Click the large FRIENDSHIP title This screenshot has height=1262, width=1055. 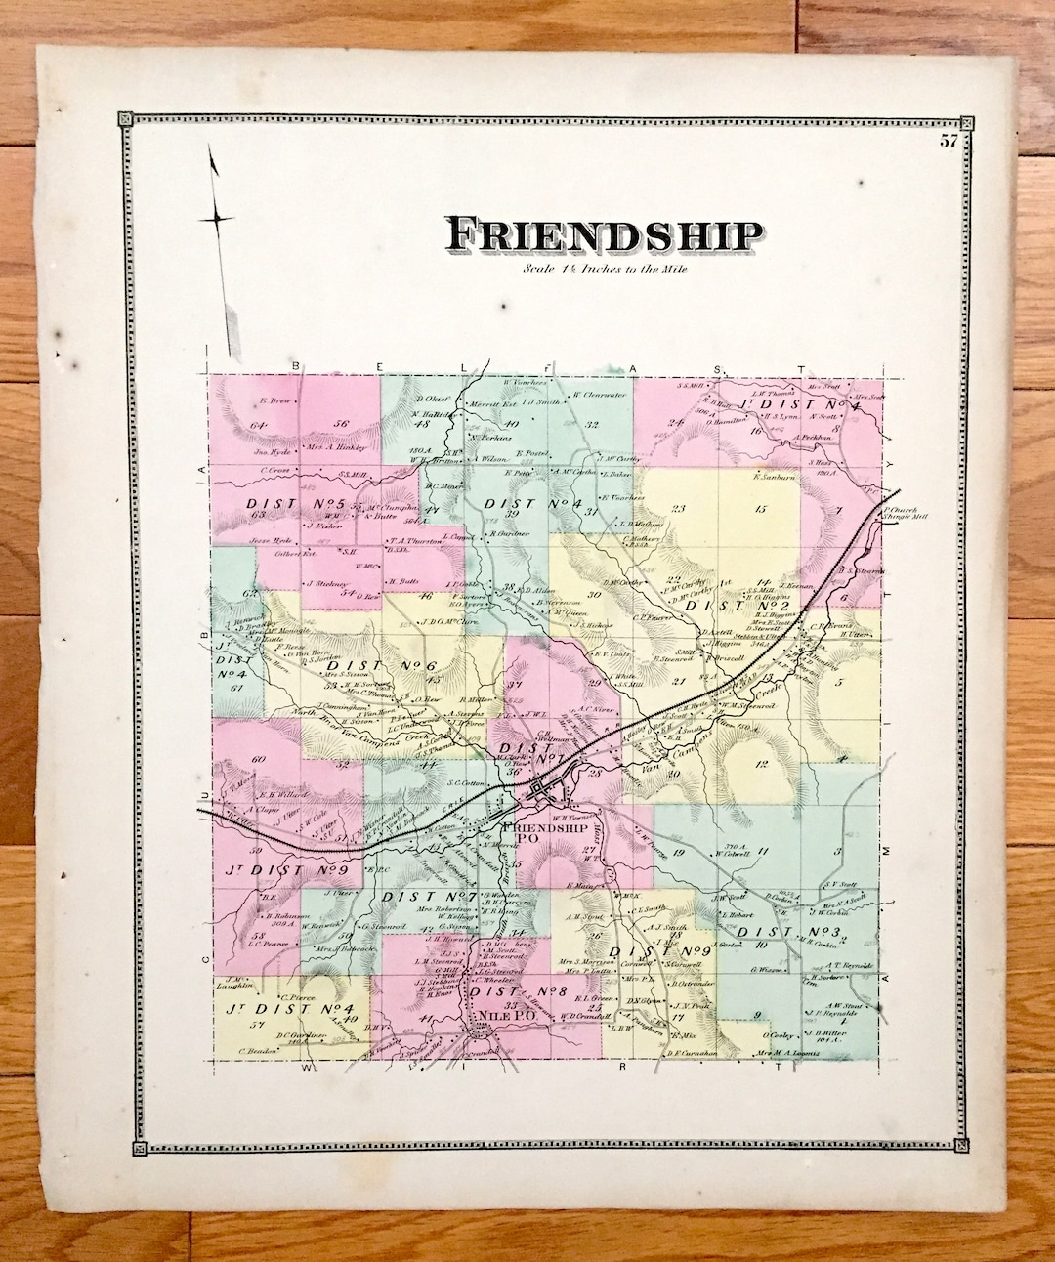pyautogui.click(x=604, y=236)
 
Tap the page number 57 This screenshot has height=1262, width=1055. pyautogui.click(x=949, y=141)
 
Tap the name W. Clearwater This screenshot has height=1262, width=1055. pyautogui.click(x=598, y=395)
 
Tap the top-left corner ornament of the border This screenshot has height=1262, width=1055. pyautogui.click(x=126, y=120)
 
